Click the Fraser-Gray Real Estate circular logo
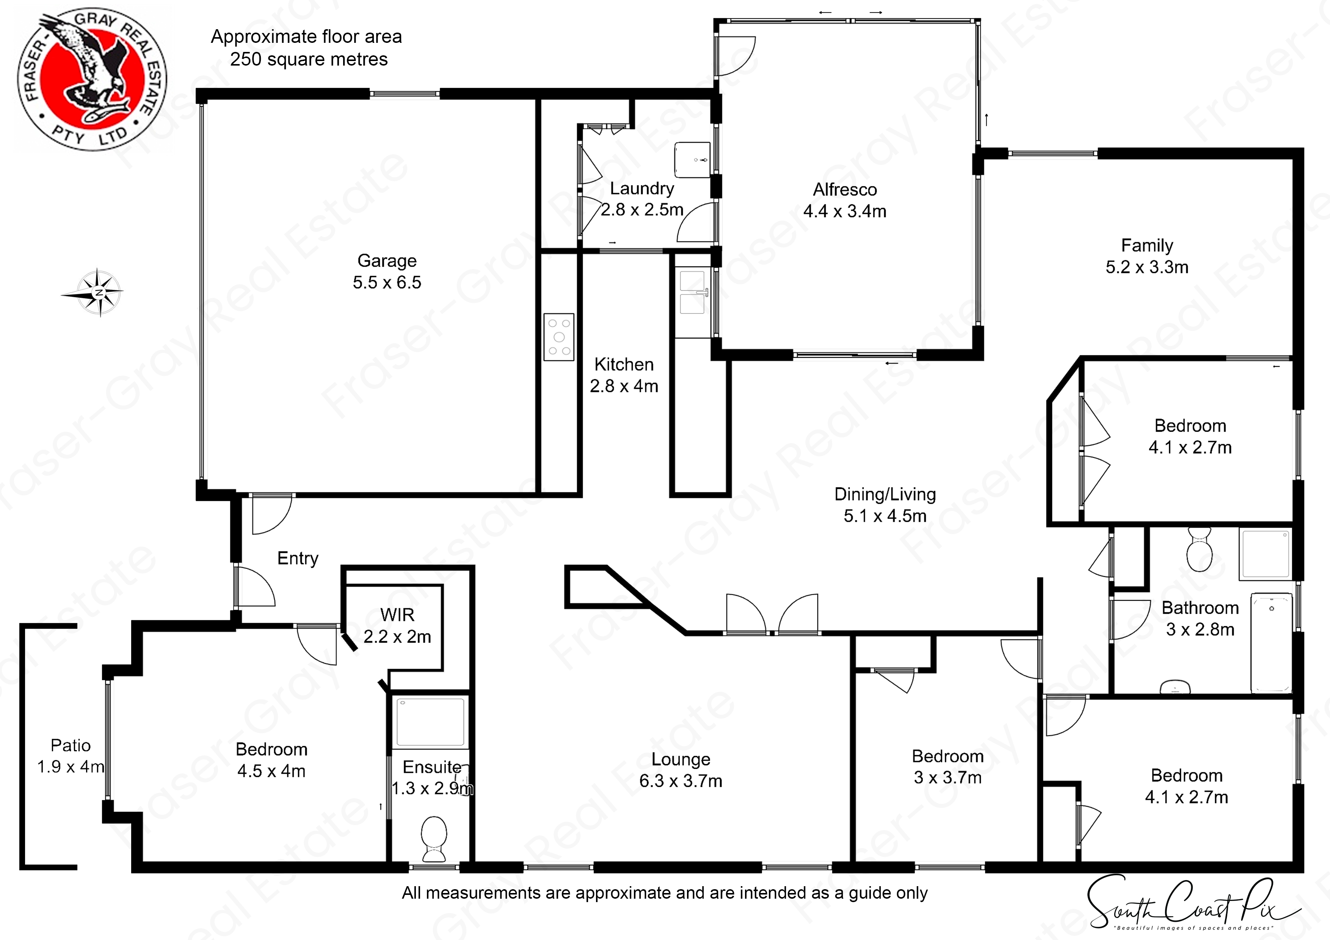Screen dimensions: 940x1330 (92, 79)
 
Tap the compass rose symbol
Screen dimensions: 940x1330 (99, 293)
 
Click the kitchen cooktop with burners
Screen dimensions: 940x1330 (558, 337)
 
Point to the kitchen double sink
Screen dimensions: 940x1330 (693, 293)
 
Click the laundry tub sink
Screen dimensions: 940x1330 (692, 160)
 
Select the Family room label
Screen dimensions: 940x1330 (1146, 246)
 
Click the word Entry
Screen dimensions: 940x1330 (298, 558)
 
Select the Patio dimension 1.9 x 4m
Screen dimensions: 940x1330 (71, 767)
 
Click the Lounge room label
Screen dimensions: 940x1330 (680, 759)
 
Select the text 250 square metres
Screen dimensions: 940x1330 (308, 60)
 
